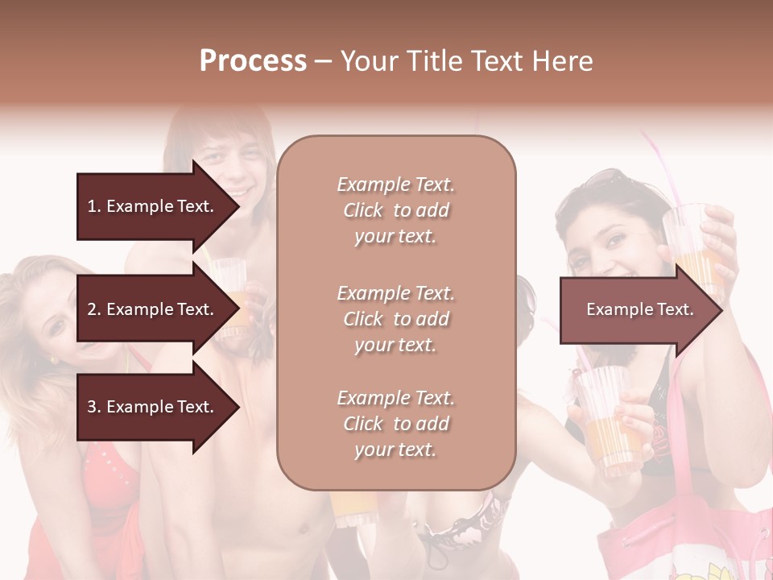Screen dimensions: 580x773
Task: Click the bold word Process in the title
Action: [253, 61]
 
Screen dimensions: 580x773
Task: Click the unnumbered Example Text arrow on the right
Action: [640, 309]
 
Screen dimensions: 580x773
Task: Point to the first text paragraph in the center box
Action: [395, 210]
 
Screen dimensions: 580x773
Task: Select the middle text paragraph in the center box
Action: [395, 319]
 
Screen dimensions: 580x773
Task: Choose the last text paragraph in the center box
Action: [395, 424]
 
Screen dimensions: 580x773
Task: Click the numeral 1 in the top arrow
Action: [91, 206]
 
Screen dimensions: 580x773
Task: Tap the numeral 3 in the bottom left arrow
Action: [91, 407]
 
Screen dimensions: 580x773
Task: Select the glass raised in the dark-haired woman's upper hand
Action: [694, 242]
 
